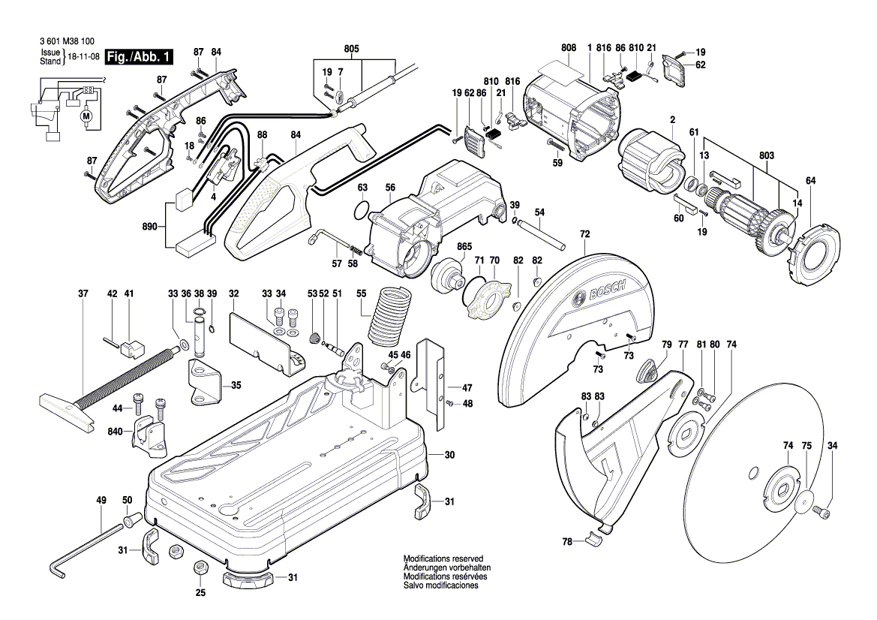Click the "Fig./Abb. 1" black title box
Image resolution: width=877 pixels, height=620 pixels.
tap(140, 57)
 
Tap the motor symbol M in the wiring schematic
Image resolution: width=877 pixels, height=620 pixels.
tap(85, 116)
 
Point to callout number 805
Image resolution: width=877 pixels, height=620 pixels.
tap(351, 50)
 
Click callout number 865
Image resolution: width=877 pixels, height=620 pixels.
tap(464, 246)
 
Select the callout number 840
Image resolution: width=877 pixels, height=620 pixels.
tap(115, 432)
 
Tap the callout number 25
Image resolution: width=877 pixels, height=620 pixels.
tap(200, 593)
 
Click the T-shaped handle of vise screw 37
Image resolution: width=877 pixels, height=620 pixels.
tap(65, 411)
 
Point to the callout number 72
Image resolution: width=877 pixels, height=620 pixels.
tap(584, 235)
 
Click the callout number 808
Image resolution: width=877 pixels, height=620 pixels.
tap(568, 48)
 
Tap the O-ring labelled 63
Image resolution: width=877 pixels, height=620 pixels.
tap(361, 209)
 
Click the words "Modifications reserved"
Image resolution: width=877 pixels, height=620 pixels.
tap(437, 560)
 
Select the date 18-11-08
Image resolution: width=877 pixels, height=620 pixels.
tap(83, 57)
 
